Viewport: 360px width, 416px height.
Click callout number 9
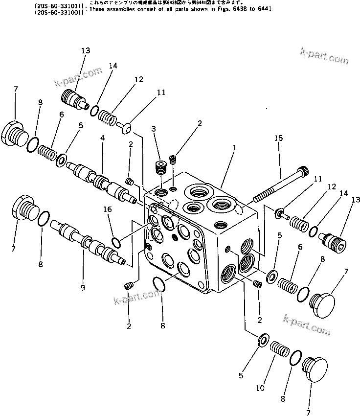[x=82, y=288]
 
